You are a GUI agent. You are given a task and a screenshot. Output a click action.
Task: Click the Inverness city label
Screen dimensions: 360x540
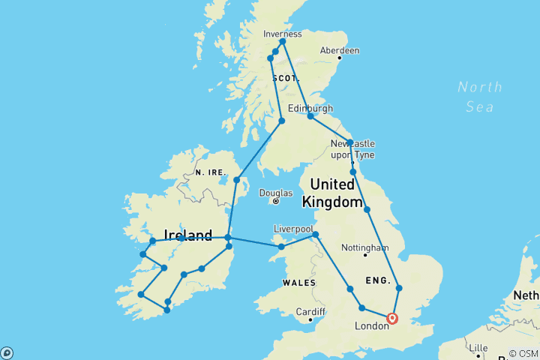283,34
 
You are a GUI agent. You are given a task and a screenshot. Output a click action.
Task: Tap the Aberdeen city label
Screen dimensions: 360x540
339,50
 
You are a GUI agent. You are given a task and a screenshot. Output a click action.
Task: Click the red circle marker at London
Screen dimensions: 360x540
391,319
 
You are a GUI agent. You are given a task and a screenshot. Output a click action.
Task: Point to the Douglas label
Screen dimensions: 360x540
275,193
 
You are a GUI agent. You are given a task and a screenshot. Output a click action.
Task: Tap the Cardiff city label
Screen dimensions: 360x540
310,311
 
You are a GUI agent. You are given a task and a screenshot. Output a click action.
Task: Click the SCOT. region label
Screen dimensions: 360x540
286,78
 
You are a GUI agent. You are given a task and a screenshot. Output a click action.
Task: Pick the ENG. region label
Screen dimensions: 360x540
378,280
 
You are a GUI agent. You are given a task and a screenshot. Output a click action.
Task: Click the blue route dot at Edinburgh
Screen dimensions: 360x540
310,116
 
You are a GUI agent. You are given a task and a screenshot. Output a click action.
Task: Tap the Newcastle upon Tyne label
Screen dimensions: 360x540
352,148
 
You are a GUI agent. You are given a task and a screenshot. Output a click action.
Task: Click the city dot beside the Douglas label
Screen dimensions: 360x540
277,201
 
